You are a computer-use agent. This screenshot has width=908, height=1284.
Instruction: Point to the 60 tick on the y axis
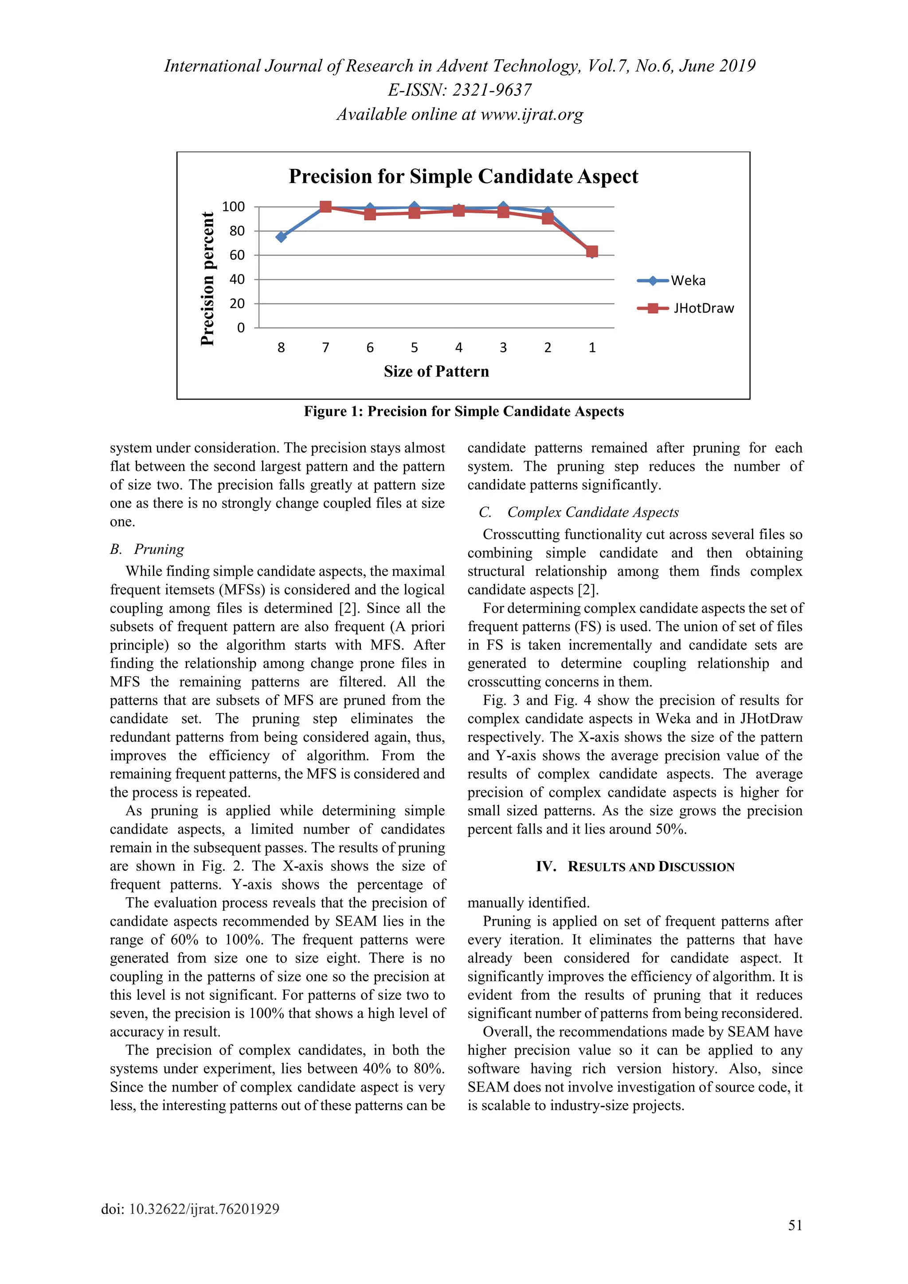click(237, 255)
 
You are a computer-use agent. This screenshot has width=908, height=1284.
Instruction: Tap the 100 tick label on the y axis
click(233, 207)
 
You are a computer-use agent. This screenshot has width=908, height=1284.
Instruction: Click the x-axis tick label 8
click(281, 348)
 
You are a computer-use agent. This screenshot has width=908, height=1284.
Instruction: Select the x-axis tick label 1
click(592, 348)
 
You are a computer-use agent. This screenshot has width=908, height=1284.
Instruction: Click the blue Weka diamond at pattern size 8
click(281, 237)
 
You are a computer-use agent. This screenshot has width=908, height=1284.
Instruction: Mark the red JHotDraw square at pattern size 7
click(325, 207)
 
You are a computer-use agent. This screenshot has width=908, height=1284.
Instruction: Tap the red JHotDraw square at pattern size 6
click(370, 214)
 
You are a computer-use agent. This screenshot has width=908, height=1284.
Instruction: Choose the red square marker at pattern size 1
click(592, 252)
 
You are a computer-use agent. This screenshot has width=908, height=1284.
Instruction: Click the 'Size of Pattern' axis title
click(436, 372)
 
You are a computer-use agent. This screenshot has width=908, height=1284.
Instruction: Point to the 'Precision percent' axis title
click(207, 278)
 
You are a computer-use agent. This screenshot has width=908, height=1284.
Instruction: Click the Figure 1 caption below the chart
click(463, 411)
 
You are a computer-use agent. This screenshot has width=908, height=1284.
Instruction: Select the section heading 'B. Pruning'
click(147, 549)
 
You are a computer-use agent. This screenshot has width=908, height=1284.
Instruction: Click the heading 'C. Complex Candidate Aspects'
click(579, 512)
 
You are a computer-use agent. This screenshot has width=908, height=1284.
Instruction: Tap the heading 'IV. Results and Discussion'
click(635, 867)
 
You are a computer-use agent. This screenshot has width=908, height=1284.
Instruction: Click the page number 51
click(794, 1225)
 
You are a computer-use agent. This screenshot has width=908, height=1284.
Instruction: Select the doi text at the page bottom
click(190, 1209)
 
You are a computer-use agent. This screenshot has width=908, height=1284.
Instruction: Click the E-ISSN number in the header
click(460, 90)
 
